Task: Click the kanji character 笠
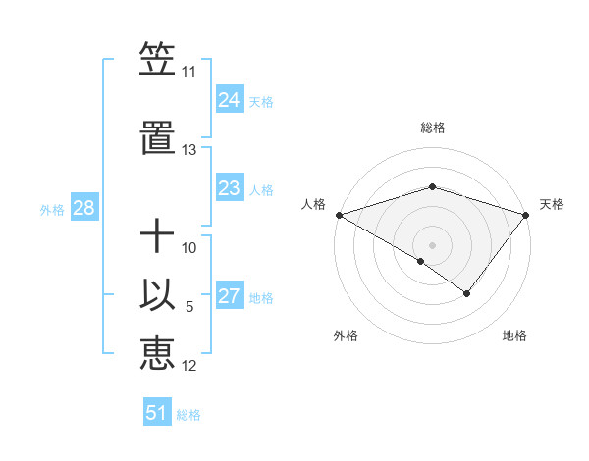tap(157, 59)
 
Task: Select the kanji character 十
tap(157, 237)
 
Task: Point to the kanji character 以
tap(157, 295)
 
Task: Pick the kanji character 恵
tap(157, 353)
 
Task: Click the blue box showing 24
tap(230, 100)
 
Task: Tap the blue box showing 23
tap(230, 188)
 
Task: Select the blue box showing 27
tap(230, 296)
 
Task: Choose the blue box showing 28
tap(83, 208)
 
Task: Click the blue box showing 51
tap(157, 413)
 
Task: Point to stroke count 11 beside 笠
tap(188, 72)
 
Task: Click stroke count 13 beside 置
tap(188, 150)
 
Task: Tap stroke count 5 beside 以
tap(189, 308)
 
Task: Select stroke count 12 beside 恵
tap(189, 367)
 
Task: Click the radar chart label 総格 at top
tap(432, 128)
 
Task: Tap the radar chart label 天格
tap(552, 204)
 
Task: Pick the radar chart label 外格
tap(346, 335)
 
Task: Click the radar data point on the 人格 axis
tap(339, 214)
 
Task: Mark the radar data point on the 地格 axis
tap(467, 293)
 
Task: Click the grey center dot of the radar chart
tap(432, 244)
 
